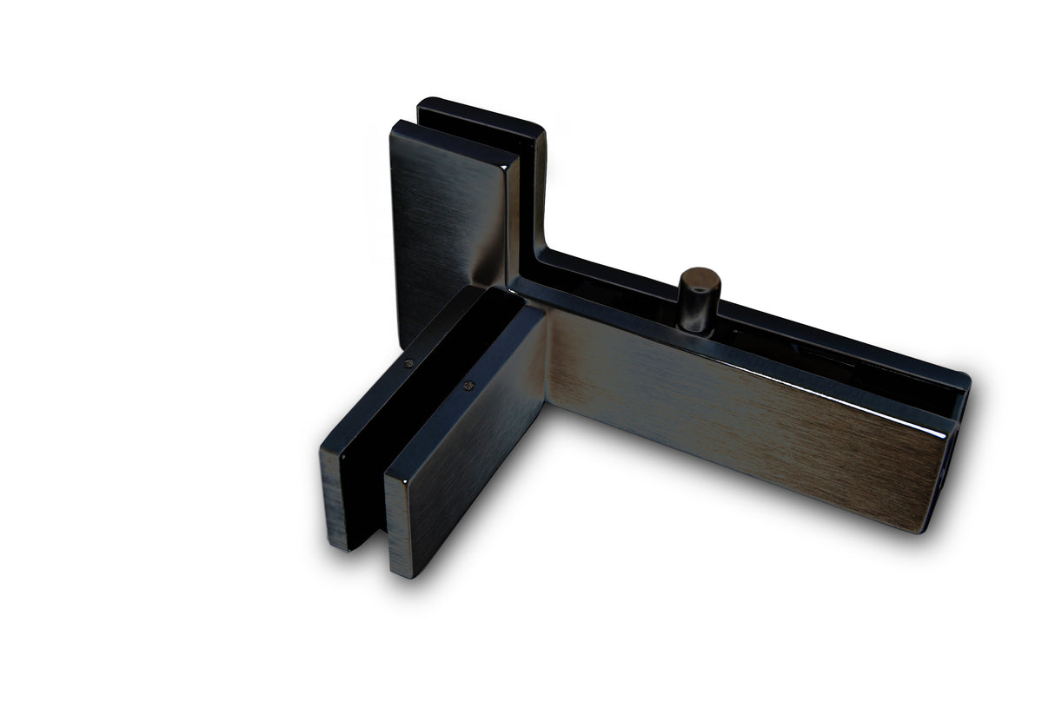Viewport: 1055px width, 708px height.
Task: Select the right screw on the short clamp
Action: [470, 386]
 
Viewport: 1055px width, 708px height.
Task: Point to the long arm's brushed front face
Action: [739, 417]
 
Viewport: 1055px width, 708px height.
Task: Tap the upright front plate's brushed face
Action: [443, 217]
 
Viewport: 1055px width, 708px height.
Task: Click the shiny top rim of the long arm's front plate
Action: [739, 343]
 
